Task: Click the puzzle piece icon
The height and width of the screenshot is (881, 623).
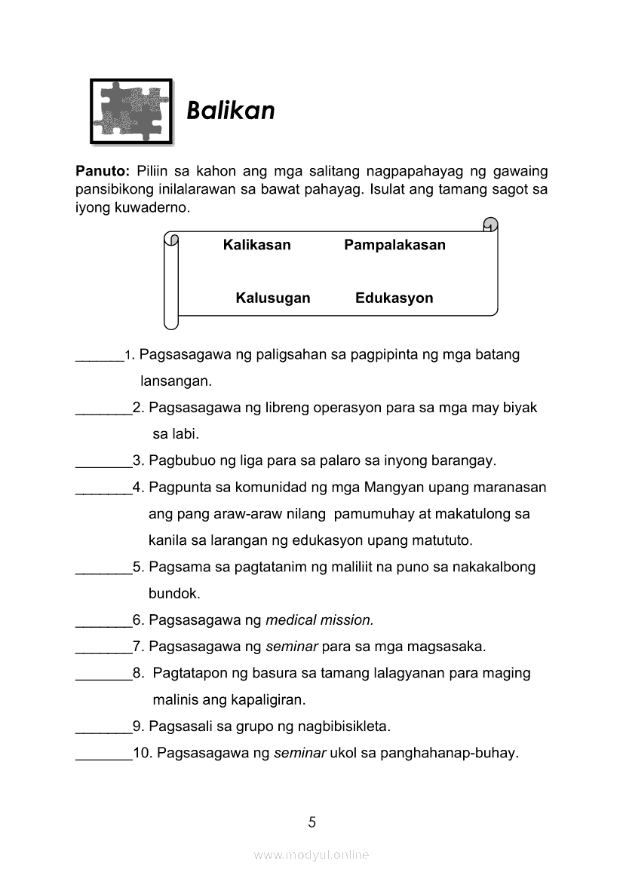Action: pyautogui.click(x=131, y=111)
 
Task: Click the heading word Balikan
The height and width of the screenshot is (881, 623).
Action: pyautogui.click(x=230, y=112)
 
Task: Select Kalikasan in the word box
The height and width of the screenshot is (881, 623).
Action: pyautogui.click(x=256, y=245)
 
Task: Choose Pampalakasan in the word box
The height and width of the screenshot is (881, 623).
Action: pyautogui.click(x=394, y=245)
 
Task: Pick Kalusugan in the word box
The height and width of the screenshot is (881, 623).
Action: pyautogui.click(x=272, y=298)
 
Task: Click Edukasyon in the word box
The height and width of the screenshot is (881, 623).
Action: pyautogui.click(x=394, y=298)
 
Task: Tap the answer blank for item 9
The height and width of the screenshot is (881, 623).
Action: pyautogui.click(x=103, y=729)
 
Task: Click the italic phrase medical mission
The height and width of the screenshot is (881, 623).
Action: pyautogui.click(x=320, y=621)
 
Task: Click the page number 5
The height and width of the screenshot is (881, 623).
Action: pyautogui.click(x=311, y=822)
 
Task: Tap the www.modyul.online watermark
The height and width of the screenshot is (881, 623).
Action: pyautogui.click(x=311, y=855)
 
